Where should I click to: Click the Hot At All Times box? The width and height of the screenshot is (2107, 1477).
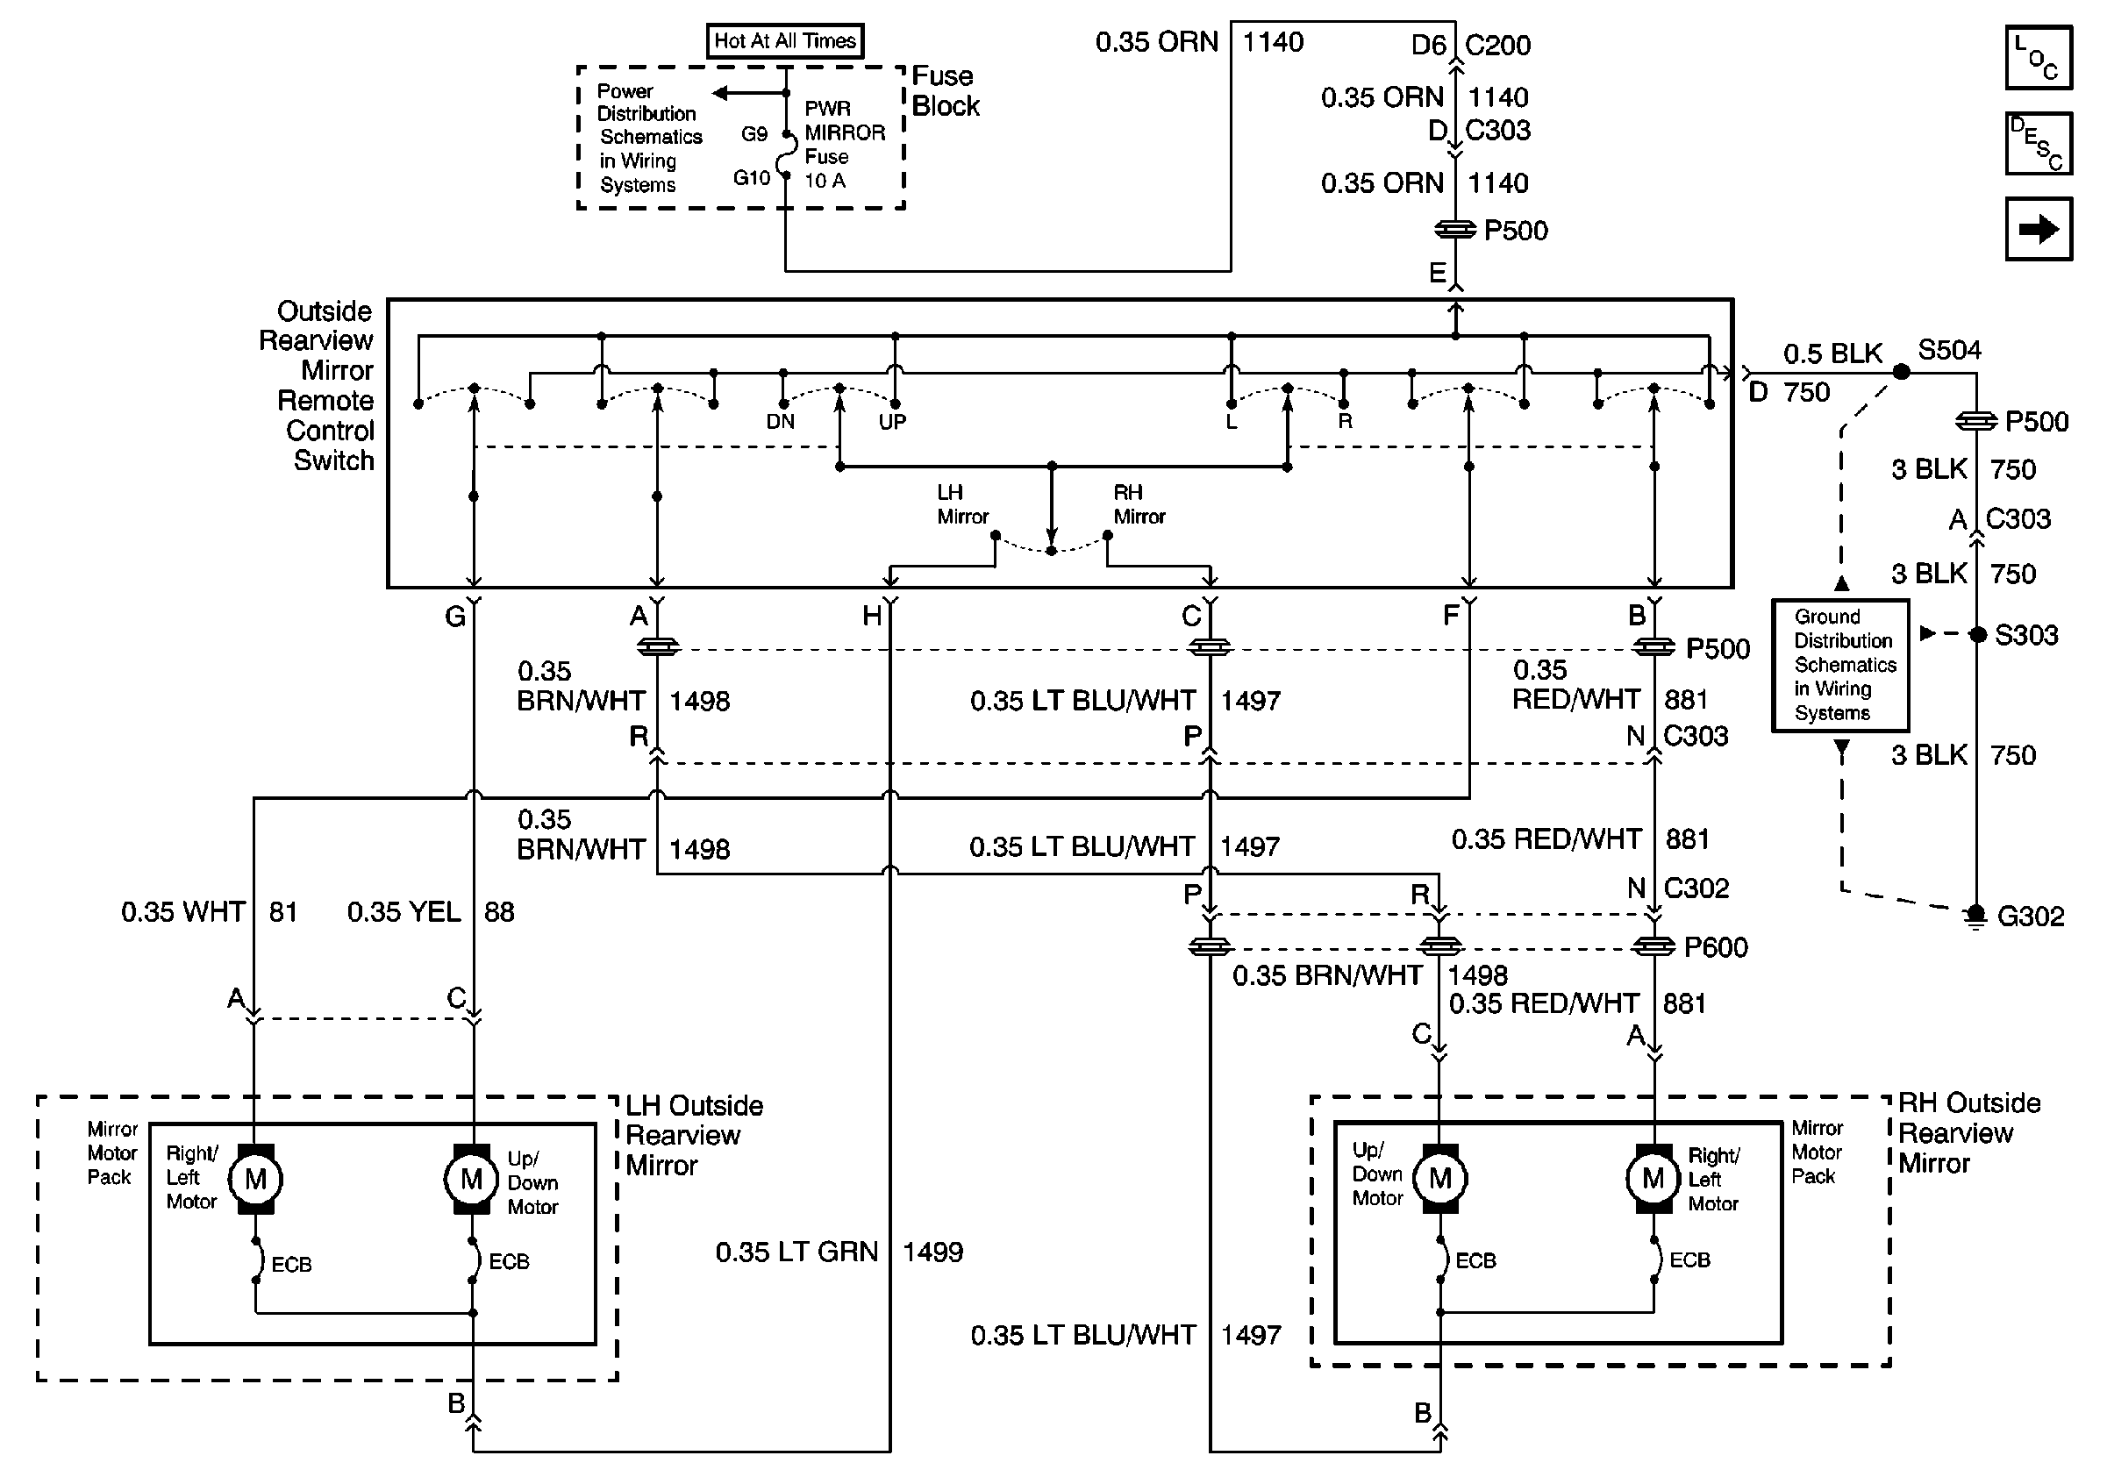point(784,41)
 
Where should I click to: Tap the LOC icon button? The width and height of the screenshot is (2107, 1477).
point(2039,59)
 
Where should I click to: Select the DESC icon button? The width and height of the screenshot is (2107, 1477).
point(2039,144)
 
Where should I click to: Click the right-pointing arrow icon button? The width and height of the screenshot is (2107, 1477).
point(2039,229)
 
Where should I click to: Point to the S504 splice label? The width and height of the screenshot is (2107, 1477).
point(1949,351)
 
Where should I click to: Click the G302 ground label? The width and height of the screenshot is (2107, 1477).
point(2030,917)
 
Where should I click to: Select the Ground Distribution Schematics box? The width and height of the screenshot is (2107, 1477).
point(1840,665)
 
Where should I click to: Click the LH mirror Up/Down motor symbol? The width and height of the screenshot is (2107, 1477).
point(472,1179)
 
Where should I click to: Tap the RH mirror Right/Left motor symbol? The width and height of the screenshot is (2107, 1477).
point(1653,1178)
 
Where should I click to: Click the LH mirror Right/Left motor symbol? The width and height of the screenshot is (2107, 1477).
point(256,1179)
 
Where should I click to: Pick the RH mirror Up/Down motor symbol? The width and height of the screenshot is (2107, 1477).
point(1439,1178)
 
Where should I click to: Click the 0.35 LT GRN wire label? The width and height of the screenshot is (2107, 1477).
point(796,1252)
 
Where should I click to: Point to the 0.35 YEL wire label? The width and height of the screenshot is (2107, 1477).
point(404,912)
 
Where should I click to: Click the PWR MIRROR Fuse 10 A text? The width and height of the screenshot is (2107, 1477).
point(843,145)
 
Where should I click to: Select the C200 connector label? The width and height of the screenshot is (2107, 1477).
point(1497,45)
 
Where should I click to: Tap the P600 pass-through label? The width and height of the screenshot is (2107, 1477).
point(1715,946)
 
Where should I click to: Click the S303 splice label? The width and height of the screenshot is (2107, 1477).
point(2026,635)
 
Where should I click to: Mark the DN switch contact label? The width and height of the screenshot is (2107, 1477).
point(780,422)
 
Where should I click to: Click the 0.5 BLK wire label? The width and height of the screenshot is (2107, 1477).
point(1832,354)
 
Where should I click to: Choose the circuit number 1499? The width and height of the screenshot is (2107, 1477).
point(932,1252)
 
